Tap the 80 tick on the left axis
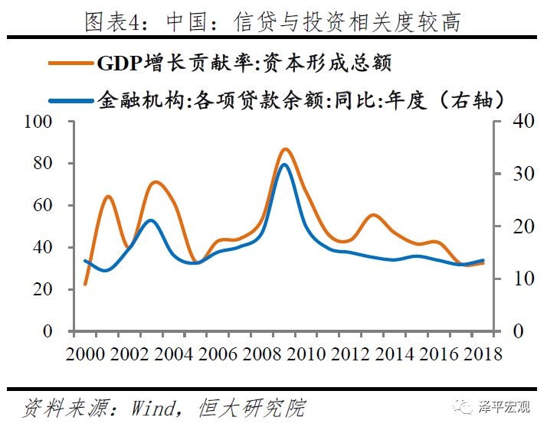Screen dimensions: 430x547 coord(41,164)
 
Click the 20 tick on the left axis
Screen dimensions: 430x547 coord(41,289)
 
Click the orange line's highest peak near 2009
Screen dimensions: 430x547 coord(285,148)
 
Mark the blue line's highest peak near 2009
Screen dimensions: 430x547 coord(284,165)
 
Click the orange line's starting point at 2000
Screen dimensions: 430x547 coord(85,285)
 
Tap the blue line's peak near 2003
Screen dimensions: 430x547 coord(151,220)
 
